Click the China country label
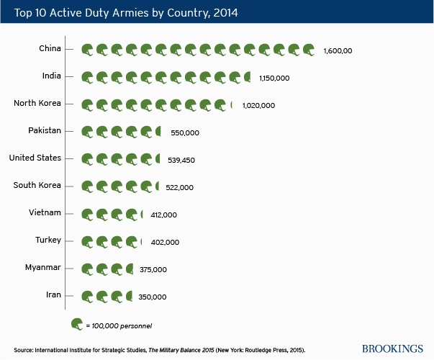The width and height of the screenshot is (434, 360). (x=50, y=48)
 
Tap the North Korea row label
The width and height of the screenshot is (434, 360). (x=37, y=103)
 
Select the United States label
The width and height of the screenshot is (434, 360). (x=35, y=158)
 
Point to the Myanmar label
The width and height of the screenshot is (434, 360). (x=43, y=267)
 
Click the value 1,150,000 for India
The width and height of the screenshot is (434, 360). (x=274, y=78)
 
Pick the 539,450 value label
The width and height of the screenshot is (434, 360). (x=181, y=160)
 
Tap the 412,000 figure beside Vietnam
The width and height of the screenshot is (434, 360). (x=164, y=215)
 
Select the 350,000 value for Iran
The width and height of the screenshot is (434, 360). (x=153, y=297)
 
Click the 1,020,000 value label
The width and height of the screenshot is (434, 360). (x=259, y=106)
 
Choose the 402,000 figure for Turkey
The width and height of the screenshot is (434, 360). (x=165, y=243)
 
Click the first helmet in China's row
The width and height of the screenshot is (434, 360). (x=87, y=50)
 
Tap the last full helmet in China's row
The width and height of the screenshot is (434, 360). (x=309, y=50)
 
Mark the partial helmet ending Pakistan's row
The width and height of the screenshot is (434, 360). (x=158, y=131)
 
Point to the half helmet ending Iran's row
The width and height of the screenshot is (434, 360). (x=129, y=296)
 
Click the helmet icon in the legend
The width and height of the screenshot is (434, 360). (x=77, y=324)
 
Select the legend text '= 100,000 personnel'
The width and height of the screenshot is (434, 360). (x=119, y=326)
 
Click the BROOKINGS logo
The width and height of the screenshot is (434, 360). (x=392, y=348)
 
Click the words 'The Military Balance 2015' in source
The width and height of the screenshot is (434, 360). (x=181, y=350)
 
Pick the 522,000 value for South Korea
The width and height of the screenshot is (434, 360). (x=180, y=187)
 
